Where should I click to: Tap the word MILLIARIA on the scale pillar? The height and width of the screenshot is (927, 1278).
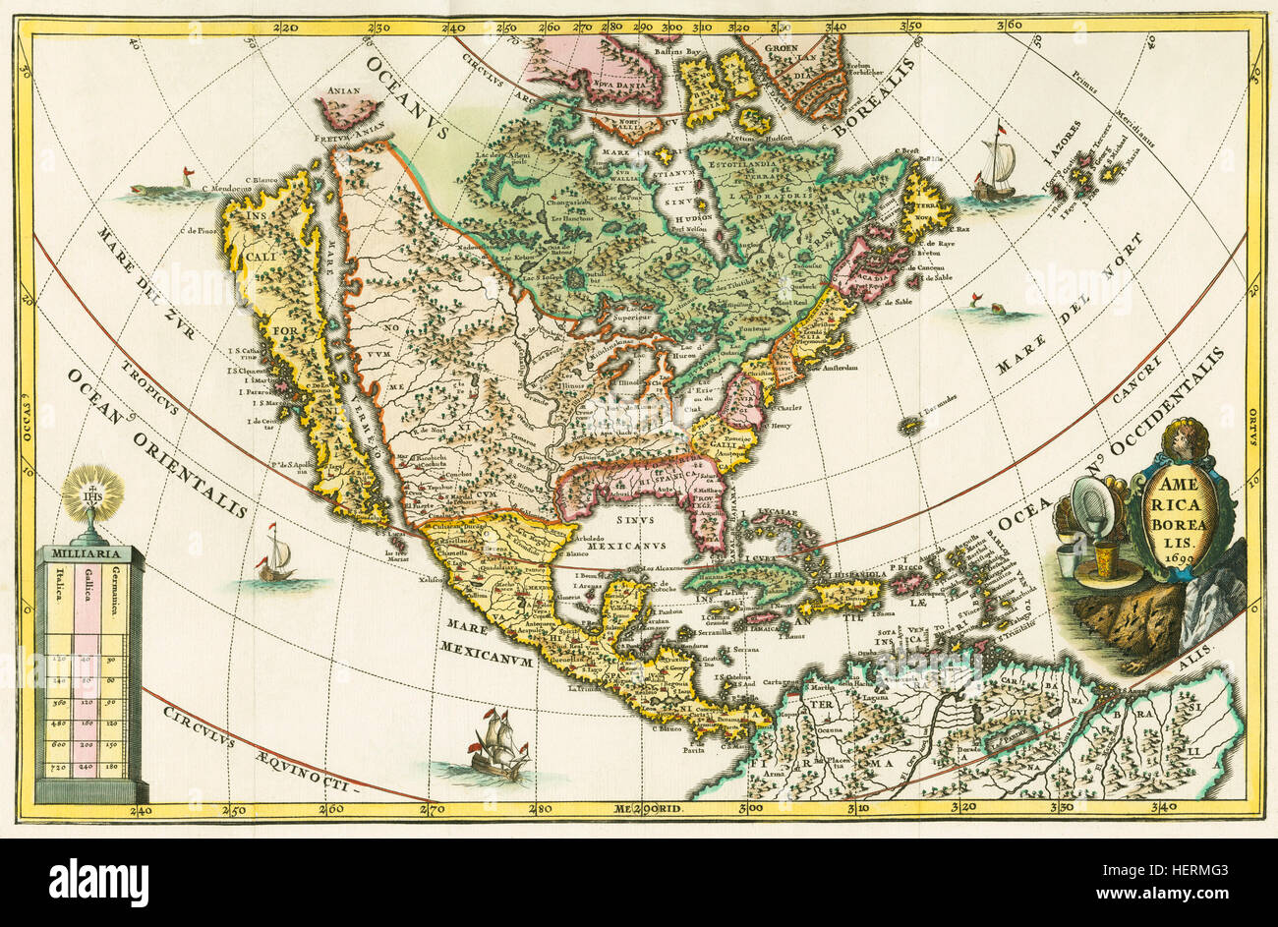pos(91,553)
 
